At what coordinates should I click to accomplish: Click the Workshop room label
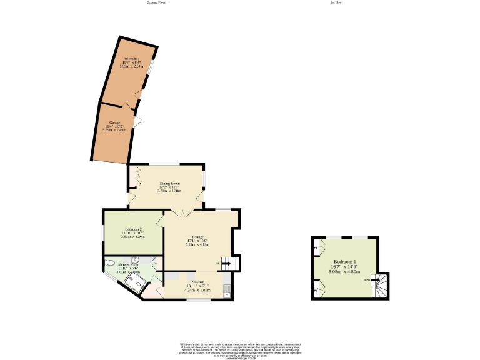(x=132, y=61)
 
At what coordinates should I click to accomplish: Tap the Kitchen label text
(x=197, y=286)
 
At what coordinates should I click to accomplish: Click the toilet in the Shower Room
(x=111, y=263)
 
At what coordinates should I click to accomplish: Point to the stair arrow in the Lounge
(x=226, y=264)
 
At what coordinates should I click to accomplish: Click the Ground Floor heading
(x=156, y=2)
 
